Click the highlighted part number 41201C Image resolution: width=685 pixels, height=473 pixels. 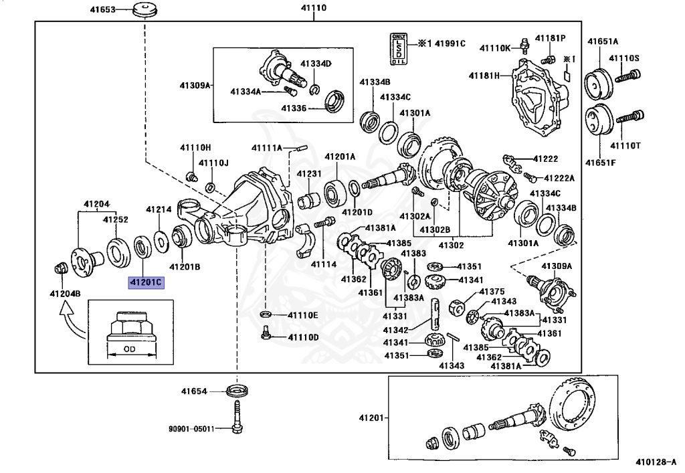pos(146,282)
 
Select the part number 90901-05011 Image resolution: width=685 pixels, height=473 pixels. pos(191,429)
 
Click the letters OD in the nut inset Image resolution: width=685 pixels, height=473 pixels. pos(130,349)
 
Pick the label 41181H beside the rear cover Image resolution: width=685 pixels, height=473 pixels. pos(484,76)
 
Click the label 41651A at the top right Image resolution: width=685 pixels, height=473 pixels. pos(603,41)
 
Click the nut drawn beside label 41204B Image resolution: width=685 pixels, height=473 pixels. pos(58,269)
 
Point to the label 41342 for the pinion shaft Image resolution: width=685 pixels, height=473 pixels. pos(395,330)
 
